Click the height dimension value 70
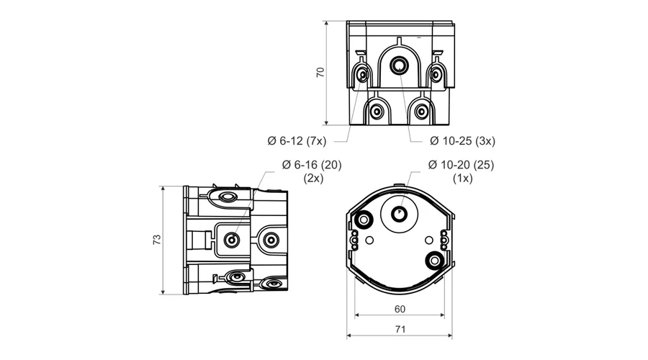click(x=320, y=72)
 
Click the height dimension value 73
click(x=157, y=240)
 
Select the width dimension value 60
click(x=400, y=309)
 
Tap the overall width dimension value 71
click(x=400, y=329)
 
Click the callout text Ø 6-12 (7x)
click(x=297, y=141)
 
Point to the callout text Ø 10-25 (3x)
click(x=462, y=141)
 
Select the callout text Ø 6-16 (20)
click(x=312, y=165)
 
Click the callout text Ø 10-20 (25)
click(x=462, y=165)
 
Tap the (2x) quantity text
click(x=313, y=178)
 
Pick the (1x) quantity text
click(x=463, y=178)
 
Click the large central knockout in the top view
click(x=399, y=66)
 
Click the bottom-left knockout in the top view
click(x=377, y=112)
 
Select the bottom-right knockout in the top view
click(x=421, y=112)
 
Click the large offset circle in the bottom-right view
click(x=400, y=198)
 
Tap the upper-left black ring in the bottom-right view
click(x=364, y=220)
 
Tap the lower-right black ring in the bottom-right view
click(x=434, y=261)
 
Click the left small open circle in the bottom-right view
click(x=370, y=240)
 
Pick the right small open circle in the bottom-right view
click(x=429, y=240)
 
